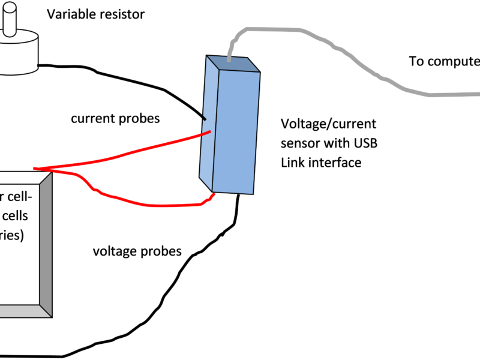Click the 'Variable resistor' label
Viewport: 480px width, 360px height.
[96, 14]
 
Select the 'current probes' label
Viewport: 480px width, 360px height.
[115, 118]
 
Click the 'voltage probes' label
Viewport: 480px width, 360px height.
[137, 251]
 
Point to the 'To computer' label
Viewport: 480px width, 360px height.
[444, 61]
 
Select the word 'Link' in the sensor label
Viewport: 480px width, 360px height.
[293, 162]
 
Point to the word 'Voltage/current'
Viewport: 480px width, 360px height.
[329, 124]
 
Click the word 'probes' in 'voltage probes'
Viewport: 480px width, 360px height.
[160, 251]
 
